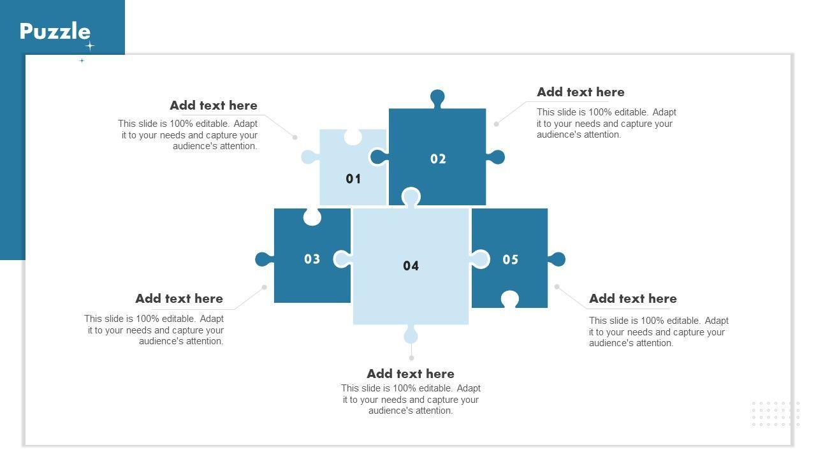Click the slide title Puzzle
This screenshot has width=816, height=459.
coord(55,31)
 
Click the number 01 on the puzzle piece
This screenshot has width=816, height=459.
coord(353,178)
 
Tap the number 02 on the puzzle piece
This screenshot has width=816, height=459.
coord(438,159)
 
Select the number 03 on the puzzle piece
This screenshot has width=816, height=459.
coord(312,259)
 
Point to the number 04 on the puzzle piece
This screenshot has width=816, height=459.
coord(411,266)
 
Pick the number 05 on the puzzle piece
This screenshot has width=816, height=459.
coord(510,259)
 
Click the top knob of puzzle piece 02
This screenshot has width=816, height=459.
coord(437,98)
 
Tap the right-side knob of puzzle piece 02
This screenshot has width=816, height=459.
coord(496,157)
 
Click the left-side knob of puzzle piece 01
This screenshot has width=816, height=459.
coord(310,157)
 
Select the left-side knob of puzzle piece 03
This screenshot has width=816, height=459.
coord(264,259)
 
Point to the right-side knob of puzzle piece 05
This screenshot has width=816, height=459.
coord(557,259)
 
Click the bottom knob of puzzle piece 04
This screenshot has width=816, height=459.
coord(411,334)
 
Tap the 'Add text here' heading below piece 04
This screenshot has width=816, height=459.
coord(411,374)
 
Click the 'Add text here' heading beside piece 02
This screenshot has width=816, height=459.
coord(581,92)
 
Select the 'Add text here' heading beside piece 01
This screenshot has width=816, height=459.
coord(214,105)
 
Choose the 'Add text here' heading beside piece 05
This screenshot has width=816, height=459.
coord(633,299)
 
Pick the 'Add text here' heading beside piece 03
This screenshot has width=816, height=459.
coord(179,299)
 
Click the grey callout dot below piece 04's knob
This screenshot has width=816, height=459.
coord(411,358)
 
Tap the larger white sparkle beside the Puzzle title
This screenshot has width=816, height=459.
coord(90,47)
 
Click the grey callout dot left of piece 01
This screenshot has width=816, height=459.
coord(295,137)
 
